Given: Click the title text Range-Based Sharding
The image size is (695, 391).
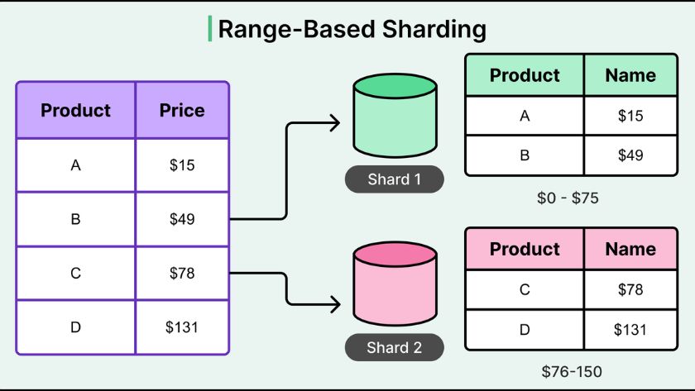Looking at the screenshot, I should [x=351, y=29].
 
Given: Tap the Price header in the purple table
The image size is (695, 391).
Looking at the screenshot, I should [x=182, y=110].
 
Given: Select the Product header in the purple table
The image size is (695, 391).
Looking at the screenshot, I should [x=75, y=110].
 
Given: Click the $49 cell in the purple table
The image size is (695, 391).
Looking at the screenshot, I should [x=182, y=219].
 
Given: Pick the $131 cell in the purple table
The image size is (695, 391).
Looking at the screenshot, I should [x=182, y=327].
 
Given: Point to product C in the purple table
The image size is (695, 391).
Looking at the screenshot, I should [x=75, y=273].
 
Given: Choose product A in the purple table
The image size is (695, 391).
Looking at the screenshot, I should [x=75, y=165].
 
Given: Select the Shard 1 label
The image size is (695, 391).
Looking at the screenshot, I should [x=395, y=179].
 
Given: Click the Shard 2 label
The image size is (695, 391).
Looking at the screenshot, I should [x=395, y=348].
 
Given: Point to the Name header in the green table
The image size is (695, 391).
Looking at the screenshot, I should [x=630, y=75].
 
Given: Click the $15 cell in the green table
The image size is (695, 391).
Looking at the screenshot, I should [x=630, y=116].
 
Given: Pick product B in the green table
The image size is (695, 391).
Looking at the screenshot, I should [x=525, y=155].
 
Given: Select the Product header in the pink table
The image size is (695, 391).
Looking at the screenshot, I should [x=525, y=249].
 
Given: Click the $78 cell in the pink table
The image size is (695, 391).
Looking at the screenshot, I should [x=630, y=290].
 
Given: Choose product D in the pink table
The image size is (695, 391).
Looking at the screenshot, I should [x=525, y=330].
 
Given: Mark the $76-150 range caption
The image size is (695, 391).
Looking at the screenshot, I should [x=570, y=372].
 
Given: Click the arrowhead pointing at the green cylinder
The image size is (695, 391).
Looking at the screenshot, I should [x=334, y=124].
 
